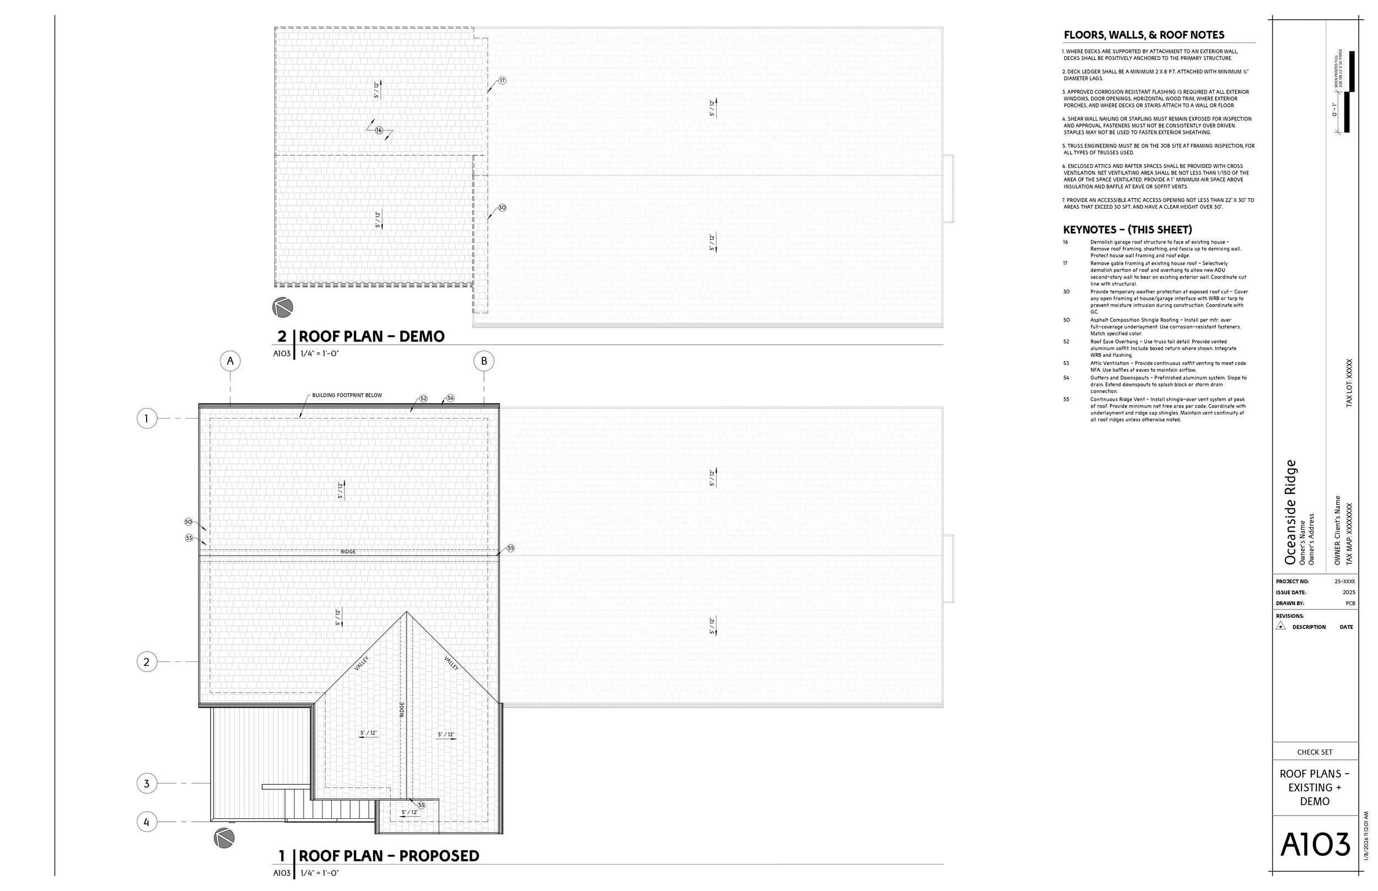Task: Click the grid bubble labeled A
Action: (230, 361)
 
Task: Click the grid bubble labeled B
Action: (484, 361)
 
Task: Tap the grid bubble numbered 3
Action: (147, 784)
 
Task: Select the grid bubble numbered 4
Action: (147, 822)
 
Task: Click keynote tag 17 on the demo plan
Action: (502, 80)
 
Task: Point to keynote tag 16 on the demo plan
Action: (379, 130)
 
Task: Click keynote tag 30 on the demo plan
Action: (502, 208)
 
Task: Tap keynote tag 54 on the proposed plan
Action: (450, 398)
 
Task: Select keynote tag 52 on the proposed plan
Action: (423, 399)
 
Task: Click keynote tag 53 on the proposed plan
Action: (189, 538)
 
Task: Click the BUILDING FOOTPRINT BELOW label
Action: (347, 396)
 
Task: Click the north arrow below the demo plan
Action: (283, 307)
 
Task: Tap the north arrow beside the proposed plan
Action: (224, 838)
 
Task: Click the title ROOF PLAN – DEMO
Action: (371, 336)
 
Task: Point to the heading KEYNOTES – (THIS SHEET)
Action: (1127, 230)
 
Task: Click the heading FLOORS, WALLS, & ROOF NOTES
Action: (1144, 35)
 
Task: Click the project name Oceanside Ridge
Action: (1290, 512)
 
